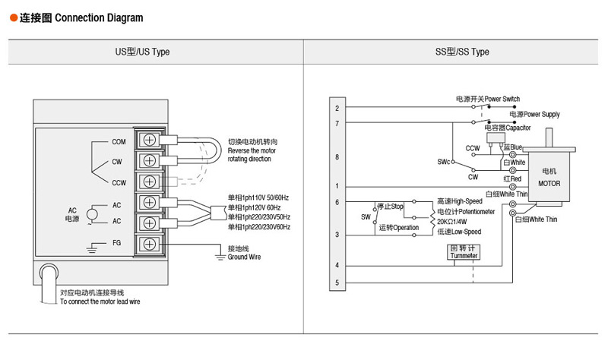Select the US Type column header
142,52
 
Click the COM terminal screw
150,141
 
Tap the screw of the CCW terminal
150,182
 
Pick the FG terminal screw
150,245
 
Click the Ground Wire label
244,257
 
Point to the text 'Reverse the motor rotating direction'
252,155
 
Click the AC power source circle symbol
92,213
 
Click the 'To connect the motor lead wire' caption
100,302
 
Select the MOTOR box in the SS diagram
549,178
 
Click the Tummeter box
464,252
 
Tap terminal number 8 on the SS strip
337,157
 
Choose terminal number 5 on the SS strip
337,283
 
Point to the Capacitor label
502,128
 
